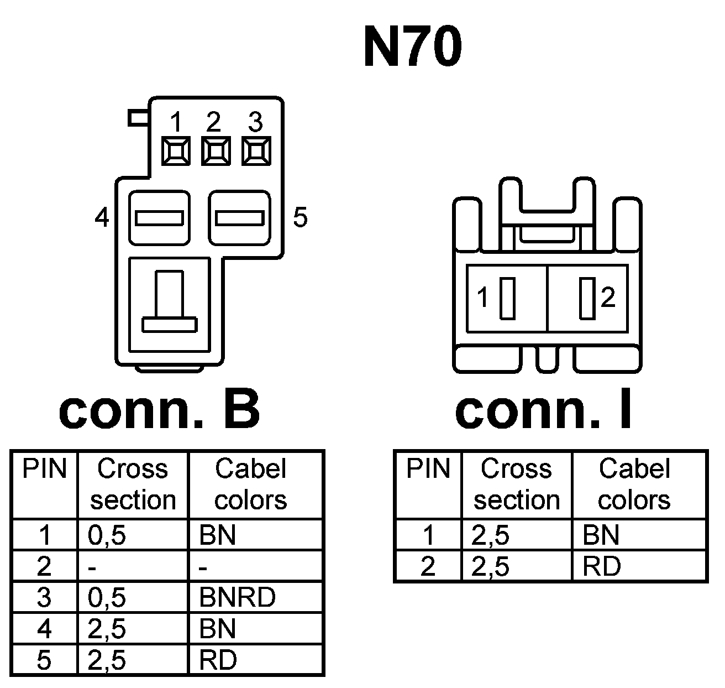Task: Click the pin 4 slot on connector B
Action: [159, 218]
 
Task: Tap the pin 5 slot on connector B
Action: [239, 218]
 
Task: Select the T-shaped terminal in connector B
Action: [169, 304]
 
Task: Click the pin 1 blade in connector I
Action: [507, 298]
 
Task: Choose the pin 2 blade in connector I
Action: [586, 298]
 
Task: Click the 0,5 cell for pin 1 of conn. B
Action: [107, 535]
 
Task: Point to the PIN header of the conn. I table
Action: [428, 469]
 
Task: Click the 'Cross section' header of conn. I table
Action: [516, 484]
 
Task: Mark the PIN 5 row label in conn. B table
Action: [44, 660]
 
